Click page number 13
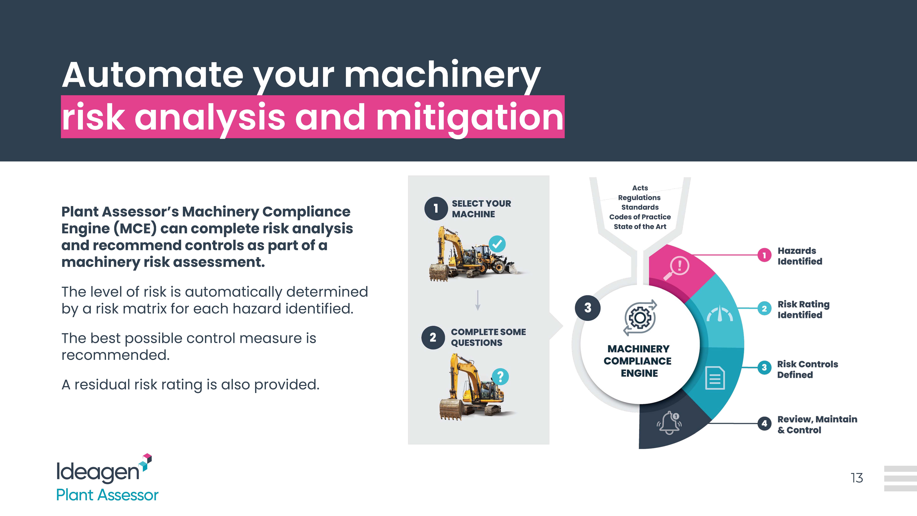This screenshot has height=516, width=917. point(856,478)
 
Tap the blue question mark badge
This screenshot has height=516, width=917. point(500,376)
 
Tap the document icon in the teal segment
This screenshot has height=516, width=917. point(715,377)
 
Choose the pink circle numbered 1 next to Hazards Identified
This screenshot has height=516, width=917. point(764,255)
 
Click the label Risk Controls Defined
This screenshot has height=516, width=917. point(807,369)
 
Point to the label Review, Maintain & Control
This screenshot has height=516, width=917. point(817,425)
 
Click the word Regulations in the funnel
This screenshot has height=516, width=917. point(639,198)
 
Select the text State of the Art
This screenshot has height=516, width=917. point(640,227)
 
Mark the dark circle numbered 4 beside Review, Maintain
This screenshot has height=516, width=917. point(764,423)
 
